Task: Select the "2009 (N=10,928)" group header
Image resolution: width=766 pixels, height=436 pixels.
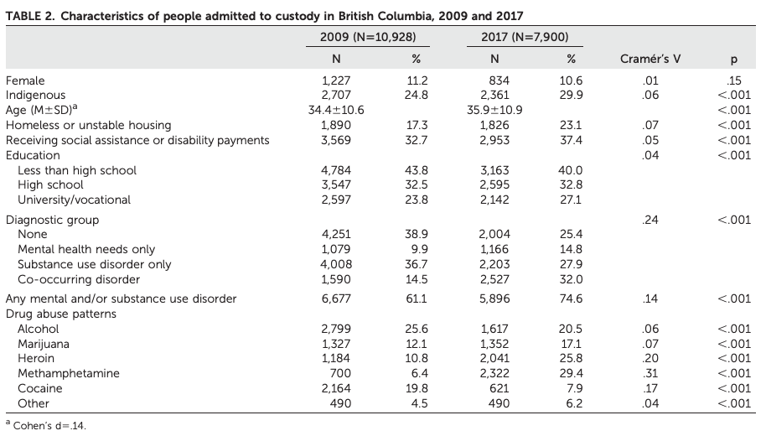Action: click(368, 37)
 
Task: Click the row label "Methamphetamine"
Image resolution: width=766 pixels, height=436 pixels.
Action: click(69, 373)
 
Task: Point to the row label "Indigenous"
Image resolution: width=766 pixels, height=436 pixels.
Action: click(35, 95)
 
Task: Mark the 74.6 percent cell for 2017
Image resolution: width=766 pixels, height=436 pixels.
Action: click(571, 298)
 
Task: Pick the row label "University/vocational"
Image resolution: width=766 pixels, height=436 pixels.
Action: click(75, 200)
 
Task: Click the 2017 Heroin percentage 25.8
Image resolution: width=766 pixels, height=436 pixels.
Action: click(571, 358)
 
